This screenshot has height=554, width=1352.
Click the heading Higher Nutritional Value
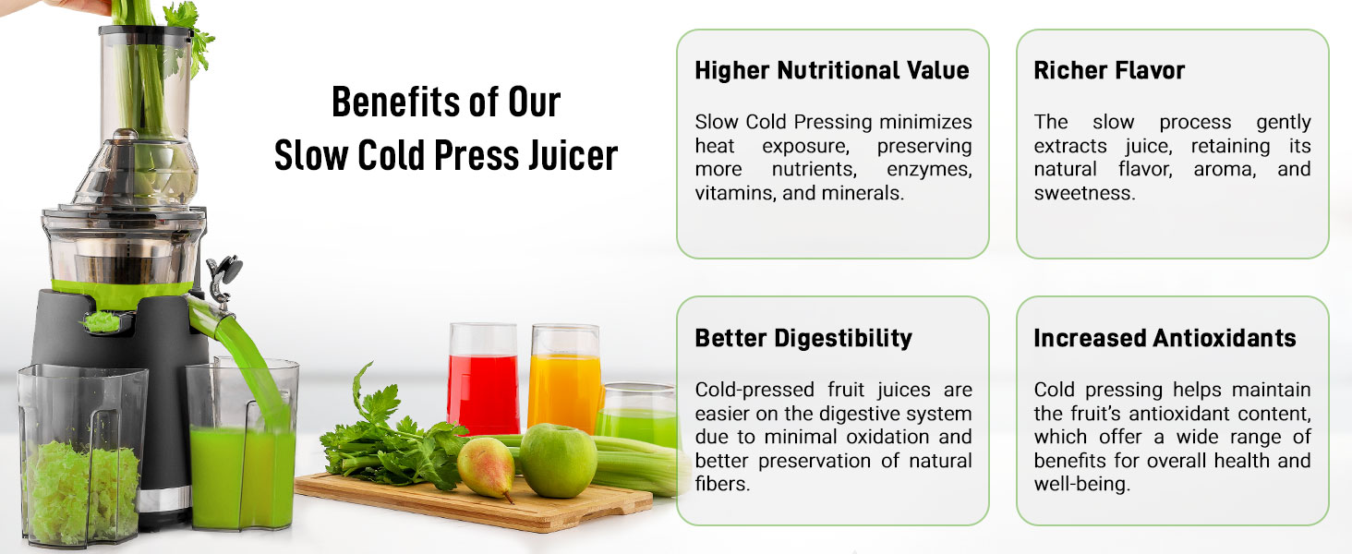832,70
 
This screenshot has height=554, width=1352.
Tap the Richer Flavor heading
1109,70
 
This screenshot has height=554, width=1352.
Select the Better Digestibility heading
803,339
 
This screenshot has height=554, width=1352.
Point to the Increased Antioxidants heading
1165,338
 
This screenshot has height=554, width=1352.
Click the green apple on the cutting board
559,461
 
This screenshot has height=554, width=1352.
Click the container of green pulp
82,454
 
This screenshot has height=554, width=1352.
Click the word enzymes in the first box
929,170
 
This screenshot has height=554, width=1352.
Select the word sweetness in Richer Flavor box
1084,193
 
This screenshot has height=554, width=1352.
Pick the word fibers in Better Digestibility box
722,484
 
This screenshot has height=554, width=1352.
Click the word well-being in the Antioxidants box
1081,485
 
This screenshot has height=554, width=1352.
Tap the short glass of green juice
637,415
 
